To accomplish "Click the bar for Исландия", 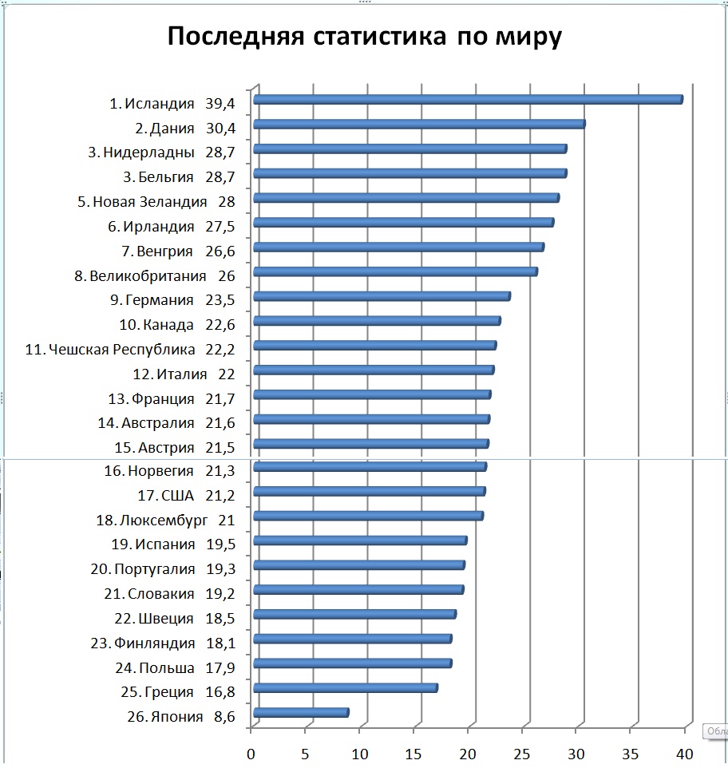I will [468, 100].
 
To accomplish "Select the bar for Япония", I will [301, 713].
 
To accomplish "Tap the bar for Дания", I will [419, 125].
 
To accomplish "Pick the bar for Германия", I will [382, 297].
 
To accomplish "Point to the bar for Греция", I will [345, 688].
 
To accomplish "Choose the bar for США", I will [369, 492].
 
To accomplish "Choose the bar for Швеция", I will [354, 615].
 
